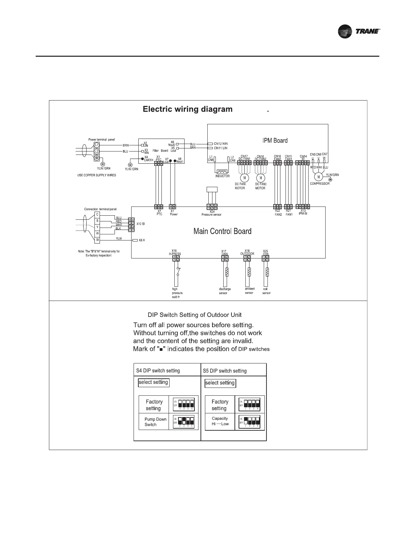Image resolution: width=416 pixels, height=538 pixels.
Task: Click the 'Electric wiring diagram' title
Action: pyautogui.click(x=188, y=109)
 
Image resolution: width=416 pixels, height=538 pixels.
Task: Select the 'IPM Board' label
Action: pyautogui.click(x=275, y=140)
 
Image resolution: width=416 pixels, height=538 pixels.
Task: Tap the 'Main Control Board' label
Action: pyautogui.click(x=222, y=231)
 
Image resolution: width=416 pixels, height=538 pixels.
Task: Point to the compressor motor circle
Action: pyautogui.click(x=318, y=177)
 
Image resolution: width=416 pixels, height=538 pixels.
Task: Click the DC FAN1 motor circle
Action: pyautogui.click(x=244, y=178)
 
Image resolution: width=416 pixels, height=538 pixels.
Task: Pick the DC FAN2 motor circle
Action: pyautogui.click(x=261, y=178)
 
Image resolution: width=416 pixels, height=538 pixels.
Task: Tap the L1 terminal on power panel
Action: pyautogui.click(x=97, y=145)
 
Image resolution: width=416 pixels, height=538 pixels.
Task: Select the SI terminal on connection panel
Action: pyautogui.click(x=97, y=240)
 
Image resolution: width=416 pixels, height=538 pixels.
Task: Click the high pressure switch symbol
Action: pyautogui.click(x=177, y=272)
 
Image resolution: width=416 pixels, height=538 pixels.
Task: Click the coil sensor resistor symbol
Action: pyautogui.click(x=267, y=272)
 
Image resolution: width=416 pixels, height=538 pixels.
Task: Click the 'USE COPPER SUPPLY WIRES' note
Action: pyautogui.click(x=97, y=175)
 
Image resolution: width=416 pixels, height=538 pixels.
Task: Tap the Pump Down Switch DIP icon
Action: pyautogui.click(x=183, y=422)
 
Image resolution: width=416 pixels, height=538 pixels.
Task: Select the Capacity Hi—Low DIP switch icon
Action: pyautogui.click(x=249, y=422)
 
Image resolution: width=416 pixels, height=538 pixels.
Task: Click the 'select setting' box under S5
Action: pyautogui.click(x=220, y=383)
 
